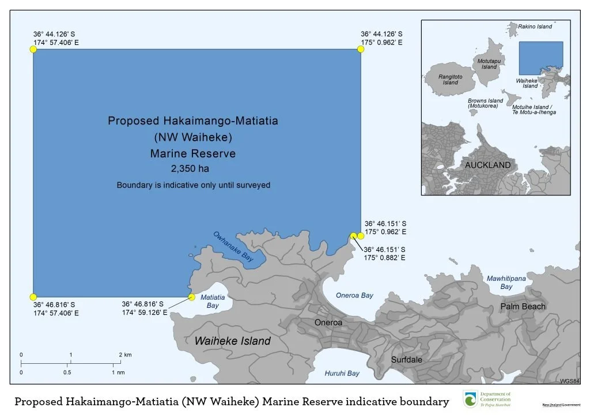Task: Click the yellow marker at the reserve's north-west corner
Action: (x=33, y=50)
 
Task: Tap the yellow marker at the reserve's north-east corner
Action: (x=361, y=50)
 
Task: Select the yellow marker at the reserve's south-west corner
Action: (x=33, y=297)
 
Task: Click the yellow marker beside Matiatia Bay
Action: (x=191, y=298)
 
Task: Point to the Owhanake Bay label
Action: (x=233, y=247)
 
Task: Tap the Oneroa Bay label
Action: (x=354, y=295)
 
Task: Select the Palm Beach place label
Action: (x=522, y=306)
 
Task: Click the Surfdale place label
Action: (x=406, y=360)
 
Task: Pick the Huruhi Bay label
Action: (x=342, y=373)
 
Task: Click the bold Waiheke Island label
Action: (x=232, y=341)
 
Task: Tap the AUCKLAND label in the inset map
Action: (x=487, y=165)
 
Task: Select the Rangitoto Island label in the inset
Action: (x=450, y=79)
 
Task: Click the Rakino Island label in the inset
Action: (x=535, y=27)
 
